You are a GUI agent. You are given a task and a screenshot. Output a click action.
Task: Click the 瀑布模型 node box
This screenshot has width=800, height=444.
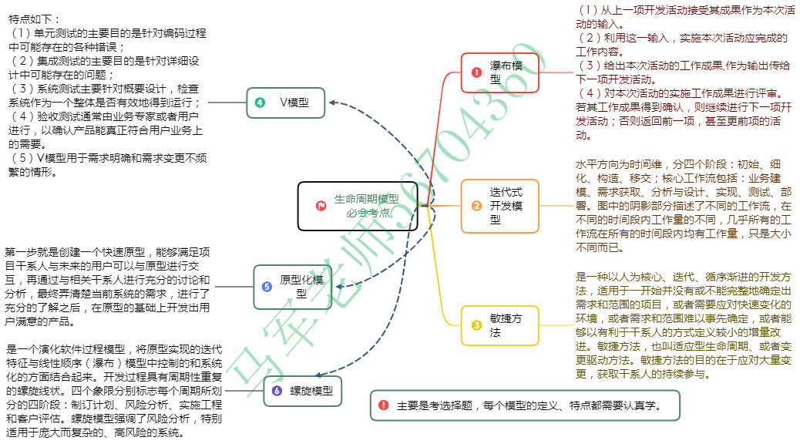click(499, 72)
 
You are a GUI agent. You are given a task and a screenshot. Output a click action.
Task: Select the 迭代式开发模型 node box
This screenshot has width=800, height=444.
click(499, 206)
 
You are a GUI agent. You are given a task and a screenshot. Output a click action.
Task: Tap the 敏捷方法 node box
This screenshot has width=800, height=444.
click(499, 325)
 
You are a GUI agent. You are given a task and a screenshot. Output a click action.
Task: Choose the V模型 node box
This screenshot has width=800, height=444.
click(286, 102)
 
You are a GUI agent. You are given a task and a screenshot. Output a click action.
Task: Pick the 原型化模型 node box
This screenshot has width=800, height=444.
click(293, 286)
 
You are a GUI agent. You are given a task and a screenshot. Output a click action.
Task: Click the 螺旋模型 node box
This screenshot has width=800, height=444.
click(301, 391)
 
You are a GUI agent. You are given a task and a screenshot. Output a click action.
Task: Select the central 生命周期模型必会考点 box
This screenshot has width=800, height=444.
click(358, 206)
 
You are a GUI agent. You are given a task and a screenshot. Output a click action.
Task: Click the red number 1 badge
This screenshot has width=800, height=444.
click(476, 72)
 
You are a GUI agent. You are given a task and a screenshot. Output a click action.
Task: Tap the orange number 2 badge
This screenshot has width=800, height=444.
click(476, 206)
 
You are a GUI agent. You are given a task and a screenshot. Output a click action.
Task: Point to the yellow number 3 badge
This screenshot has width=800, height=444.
click(476, 325)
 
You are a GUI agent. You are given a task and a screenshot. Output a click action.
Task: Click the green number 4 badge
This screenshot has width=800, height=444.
click(261, 102)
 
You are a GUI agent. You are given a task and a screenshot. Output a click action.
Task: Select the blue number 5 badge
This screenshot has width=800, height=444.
click(267, 286)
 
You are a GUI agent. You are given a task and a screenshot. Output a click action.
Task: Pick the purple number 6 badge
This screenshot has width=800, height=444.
click(277, 391)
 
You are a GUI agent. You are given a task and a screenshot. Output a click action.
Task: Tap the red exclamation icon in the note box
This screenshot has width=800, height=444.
click(383, 405)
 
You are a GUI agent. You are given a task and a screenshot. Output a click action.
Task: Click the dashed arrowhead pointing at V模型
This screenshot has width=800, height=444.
click(331, 102)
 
